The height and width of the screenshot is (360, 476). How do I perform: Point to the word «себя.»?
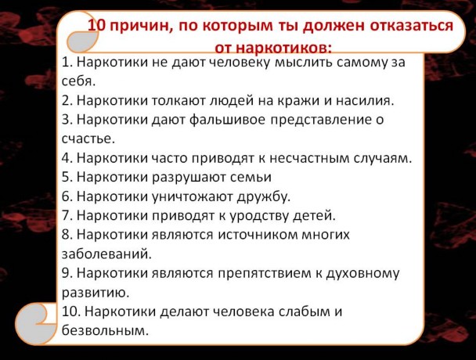point(78,81)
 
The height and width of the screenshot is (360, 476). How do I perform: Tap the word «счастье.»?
point(88,139)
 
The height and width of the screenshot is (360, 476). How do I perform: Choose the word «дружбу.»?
point(264,196)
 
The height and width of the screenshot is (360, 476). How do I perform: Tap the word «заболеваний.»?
point(106,254)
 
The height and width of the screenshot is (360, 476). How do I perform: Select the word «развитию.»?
point(96,293)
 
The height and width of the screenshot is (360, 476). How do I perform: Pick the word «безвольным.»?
point(105,330)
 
